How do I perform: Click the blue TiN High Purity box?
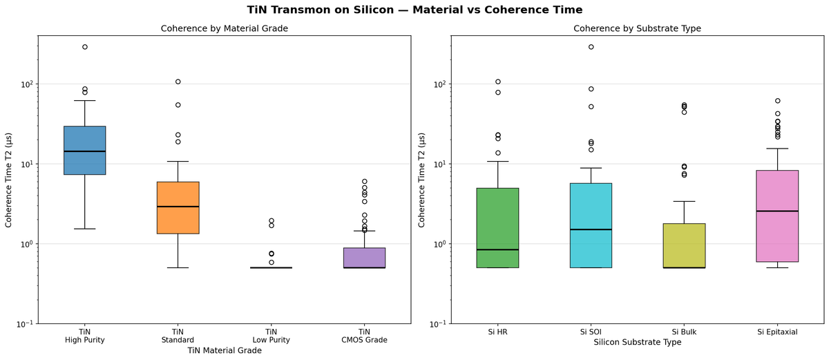[84, 150]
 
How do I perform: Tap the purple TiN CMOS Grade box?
[364, 258]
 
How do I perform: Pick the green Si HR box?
[497, 228]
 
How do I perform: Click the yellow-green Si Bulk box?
[684, 245]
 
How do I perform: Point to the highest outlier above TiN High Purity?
[84, 47]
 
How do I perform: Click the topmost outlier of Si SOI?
[591, 47]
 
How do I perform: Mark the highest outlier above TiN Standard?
[178, 82]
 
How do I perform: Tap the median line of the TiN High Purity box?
[84, 151]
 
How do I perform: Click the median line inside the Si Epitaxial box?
[777, 211]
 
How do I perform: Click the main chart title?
[414, 10]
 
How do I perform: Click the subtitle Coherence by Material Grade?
[224, 28]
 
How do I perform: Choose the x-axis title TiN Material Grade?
[224, 350]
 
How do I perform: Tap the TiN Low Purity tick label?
[271, 335]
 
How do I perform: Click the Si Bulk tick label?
[684, 332]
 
